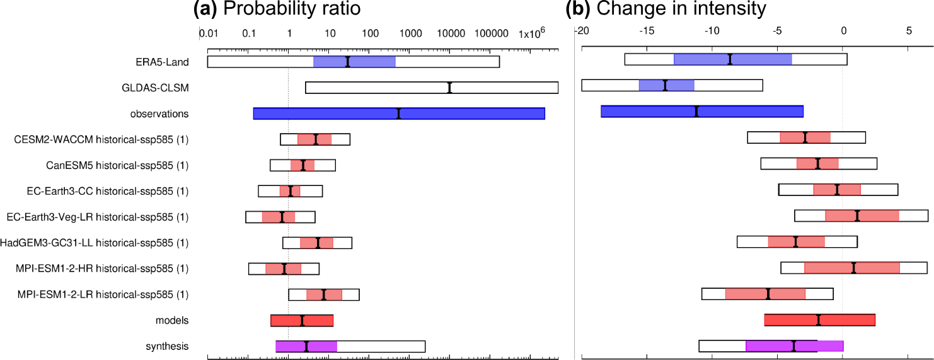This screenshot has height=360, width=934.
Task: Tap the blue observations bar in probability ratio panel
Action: [398, 113]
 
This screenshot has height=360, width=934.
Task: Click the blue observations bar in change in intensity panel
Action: [701, 112]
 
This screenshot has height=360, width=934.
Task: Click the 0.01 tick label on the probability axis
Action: [208, 32]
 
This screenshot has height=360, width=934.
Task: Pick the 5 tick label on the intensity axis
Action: [908, 30]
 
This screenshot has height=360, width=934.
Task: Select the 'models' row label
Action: [172, 320]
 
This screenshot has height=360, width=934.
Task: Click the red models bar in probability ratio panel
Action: [302, 320]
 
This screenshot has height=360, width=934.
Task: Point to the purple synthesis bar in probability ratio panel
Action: [306, 346]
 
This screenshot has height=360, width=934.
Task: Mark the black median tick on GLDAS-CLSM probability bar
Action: [449, 88]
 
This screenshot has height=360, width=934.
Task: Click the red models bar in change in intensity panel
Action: [819, 320]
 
